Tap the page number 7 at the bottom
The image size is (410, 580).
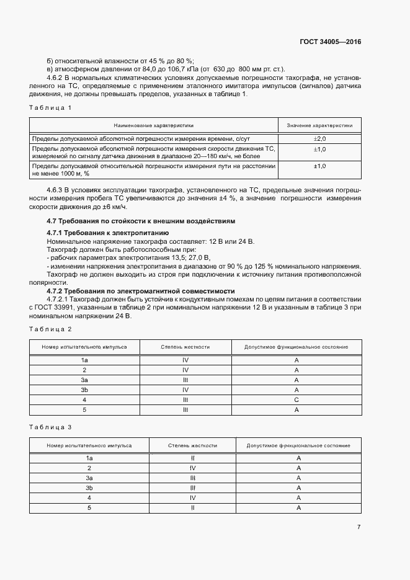(x=359, y=527)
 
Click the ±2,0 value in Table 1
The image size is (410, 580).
(x=319, y=138)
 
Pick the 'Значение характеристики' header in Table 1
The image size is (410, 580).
(x=319, y=125)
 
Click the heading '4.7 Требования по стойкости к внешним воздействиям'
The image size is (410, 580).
(x=141, y=221)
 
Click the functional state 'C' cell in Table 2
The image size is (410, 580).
(x=296, y=400)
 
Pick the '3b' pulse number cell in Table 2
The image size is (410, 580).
(x=84, y=390)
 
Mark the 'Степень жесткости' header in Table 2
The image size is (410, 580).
(x=185, y=347)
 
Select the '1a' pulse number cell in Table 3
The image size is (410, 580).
(x=89, y=458)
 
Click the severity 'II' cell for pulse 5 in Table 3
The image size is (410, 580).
(x=193, y=507)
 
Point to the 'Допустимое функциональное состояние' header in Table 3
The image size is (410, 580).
(x=298, y=445)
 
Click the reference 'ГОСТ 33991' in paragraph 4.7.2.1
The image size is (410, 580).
(x=55, y=307)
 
